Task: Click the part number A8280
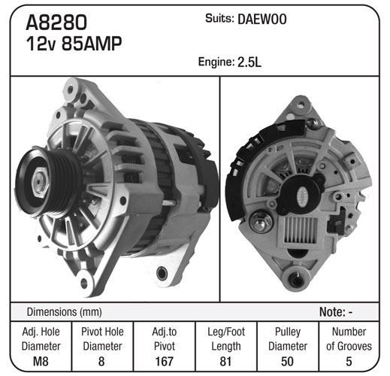[56, 23]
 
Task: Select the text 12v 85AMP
[74, 44]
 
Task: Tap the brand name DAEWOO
[262, 20]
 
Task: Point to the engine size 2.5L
[249, 62]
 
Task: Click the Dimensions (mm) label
[65, 312]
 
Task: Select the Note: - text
[336, 312]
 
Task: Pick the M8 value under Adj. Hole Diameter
[41, 362]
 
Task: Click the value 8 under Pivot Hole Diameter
[101, 362]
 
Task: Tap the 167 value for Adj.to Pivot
[165, 362]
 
